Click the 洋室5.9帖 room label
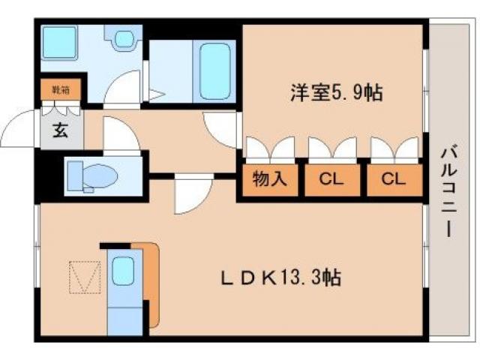tap(337, 93)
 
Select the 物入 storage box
tap(269, 180)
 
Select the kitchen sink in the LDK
tap(123, 271)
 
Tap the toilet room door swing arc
tap(120, 135)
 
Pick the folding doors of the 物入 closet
tap(269, 150)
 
